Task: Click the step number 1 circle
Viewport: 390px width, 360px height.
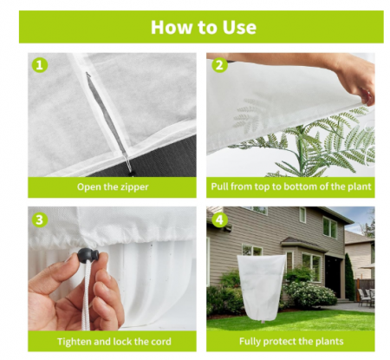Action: click(x=40, y=65)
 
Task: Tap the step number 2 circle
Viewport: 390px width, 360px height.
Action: click(x=219, y=65)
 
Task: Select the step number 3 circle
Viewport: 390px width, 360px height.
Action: click(x=40, y=219)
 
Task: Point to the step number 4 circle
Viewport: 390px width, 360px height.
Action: click(x=219, y=219)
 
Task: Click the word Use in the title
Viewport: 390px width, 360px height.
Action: click(x=239, y=28)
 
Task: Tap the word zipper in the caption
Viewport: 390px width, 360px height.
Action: click(x=134, y=187)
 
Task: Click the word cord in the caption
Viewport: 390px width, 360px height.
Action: click(x=160, y=342)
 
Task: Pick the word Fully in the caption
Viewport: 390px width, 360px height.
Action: click(x=250, y=342)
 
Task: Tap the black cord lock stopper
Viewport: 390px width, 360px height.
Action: click(x=88, y=255)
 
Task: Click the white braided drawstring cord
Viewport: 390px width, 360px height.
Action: click(x=87, y=297)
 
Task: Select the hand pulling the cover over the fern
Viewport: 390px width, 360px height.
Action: click(x=357, y=84)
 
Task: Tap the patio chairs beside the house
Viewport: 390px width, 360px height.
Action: click(x=366, y=297)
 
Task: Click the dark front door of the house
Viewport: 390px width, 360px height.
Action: click(x=333, y=276)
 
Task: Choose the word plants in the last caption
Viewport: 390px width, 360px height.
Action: click(x=329, y=342)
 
